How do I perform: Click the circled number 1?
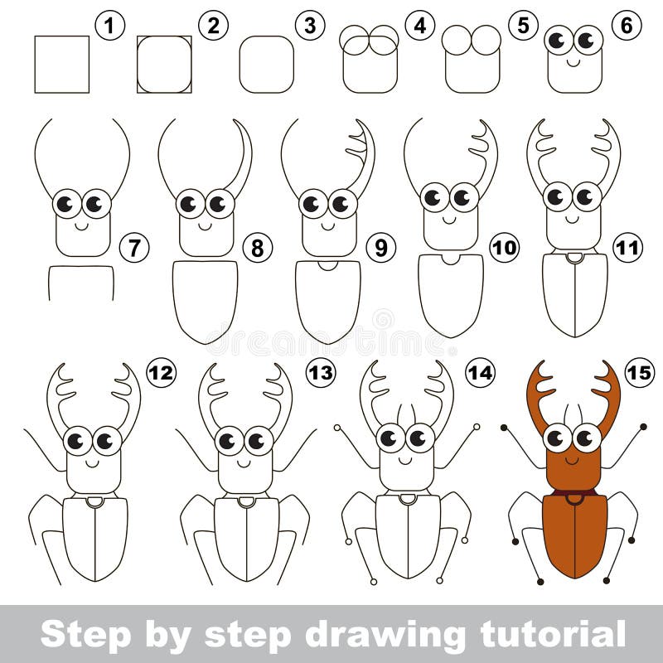coord(110,26)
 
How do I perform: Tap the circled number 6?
coord(627,26)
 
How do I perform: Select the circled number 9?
coord(380,248)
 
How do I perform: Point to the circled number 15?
coord(639,372)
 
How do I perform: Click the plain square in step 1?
coord(61,65)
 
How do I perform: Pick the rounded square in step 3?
coord(266,65)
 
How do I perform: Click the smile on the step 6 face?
coord(573,63)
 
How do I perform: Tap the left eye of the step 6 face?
coord(559,41)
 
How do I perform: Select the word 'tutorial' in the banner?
coord(553,634)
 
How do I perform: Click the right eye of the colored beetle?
coord(588,438)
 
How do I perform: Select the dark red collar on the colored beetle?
coord(574,493)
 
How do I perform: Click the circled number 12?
coord(161,372)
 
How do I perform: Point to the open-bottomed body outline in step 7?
coord(81,266)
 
